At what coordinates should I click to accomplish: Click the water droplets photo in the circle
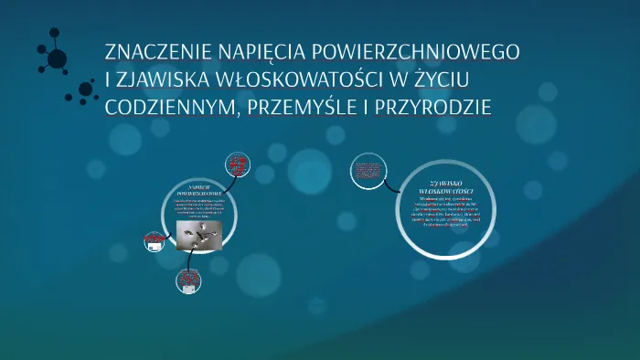[199, 236]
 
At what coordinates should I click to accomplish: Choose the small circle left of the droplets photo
[153, 241]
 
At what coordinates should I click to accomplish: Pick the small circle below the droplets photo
[187, 282]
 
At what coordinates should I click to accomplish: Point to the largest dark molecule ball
[57, 59]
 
